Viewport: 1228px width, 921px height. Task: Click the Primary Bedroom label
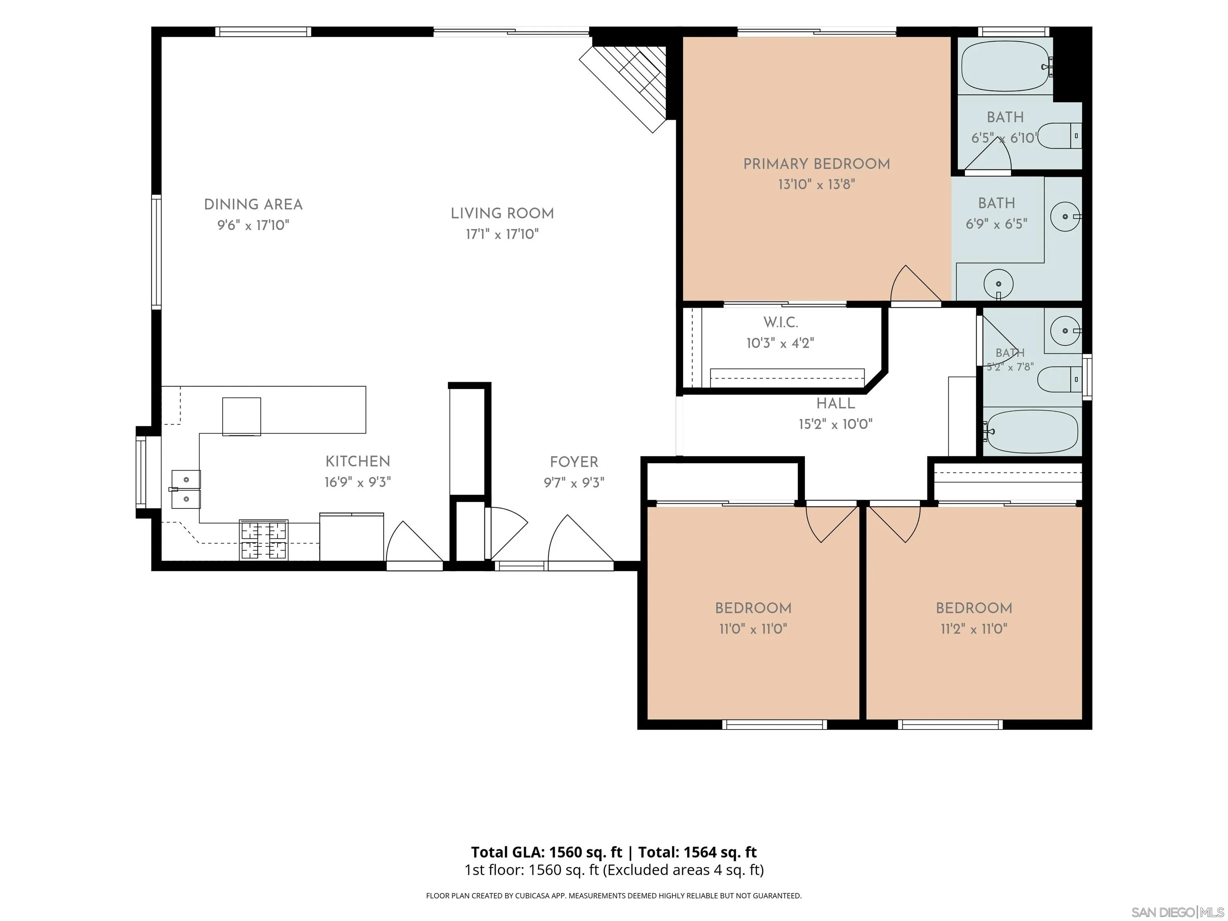click(x=817, y=164)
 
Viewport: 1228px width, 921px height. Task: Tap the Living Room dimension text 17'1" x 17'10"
click(x=502, y=234)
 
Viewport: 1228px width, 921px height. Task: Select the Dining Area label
click(x=253, y=205)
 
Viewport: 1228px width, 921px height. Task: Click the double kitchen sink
click(x=186, y=489)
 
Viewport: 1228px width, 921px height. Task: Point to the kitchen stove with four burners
click(x=264, y=540)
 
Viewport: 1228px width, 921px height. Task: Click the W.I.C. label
click(x=781, y=322)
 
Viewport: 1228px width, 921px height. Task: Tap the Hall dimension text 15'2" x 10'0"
click(x=835, y=425)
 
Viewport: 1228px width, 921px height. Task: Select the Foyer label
click(x=574, y=462)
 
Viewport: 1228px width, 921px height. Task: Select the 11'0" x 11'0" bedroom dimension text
click(x=754, y=629)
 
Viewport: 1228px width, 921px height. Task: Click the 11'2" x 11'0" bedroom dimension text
click(x=974, y=629)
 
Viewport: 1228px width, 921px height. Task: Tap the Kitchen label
click(x=358, y=461)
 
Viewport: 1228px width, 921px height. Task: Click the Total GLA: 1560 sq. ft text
click(x=547, y=852)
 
